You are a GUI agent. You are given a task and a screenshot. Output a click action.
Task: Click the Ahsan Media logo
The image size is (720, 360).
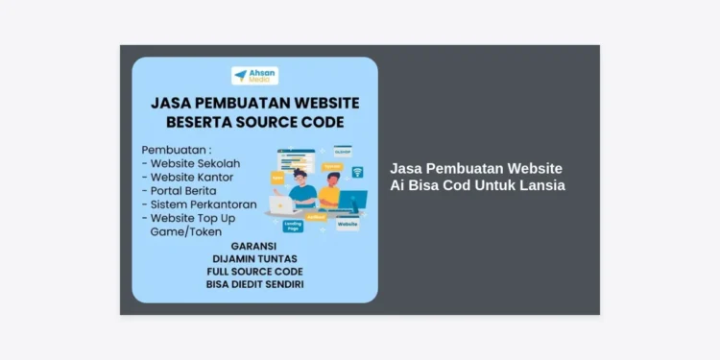254,75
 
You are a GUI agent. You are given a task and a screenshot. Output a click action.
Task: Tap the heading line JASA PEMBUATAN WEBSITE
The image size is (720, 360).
254,103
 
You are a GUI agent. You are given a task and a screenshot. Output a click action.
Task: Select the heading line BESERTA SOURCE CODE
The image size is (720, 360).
254,123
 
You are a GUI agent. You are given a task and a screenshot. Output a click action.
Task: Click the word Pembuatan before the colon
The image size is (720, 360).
174,150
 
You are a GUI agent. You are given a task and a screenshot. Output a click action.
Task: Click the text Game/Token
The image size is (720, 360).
186,231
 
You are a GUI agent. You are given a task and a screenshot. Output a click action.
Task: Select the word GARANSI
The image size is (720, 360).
254,246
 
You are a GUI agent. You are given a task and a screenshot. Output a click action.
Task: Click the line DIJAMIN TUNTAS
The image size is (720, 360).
254,258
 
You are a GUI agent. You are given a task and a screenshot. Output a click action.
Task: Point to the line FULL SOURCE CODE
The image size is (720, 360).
254,272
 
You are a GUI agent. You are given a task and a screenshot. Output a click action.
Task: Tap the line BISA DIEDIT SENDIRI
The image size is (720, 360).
254,285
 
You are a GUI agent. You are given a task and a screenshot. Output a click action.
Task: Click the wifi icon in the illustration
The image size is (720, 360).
357,172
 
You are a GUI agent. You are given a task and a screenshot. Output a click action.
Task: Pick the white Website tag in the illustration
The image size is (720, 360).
348,225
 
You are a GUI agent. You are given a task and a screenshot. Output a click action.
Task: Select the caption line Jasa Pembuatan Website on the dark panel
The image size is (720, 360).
475,168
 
